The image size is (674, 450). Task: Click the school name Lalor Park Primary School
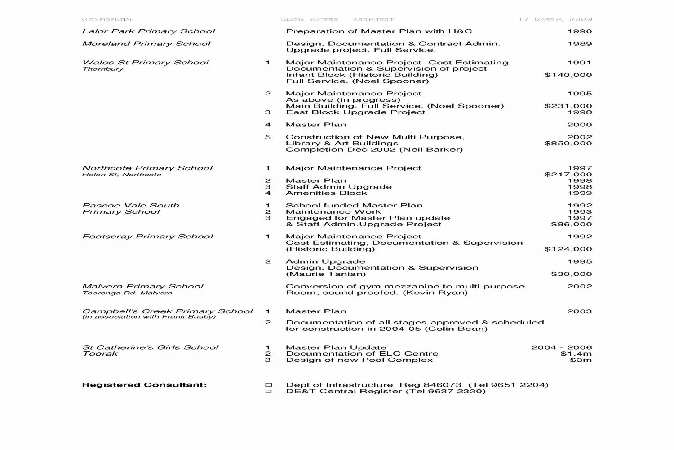point(148,31)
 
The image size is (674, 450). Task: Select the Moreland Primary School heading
point(146,44)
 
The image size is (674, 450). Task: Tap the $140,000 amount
point(568,75)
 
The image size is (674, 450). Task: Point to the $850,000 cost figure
point(568,144)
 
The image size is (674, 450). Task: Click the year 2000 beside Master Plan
point(579,125)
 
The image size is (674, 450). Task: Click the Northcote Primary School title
point(147,168)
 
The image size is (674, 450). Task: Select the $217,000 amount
point(568,175)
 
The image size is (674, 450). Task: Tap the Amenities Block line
point(326,193)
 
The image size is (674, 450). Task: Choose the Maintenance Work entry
point(333,212)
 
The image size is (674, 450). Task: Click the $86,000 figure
point(571,224)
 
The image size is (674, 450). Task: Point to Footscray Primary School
point(147,237)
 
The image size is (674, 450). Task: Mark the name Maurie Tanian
point(326,274)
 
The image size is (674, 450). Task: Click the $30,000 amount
point(571,274)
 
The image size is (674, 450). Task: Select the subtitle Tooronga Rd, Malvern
point(127,293)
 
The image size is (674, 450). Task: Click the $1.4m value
point(576,354)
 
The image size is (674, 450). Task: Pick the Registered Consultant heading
point(144,385)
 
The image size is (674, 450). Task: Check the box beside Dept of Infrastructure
point(269,385)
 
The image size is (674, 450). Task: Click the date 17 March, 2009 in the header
point(555,19)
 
